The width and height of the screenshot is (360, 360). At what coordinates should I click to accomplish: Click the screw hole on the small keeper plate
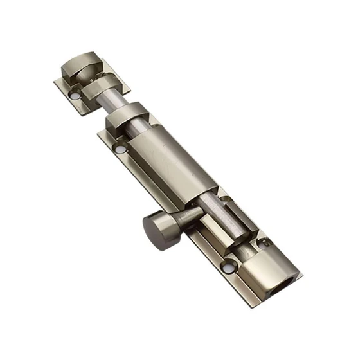pyautogui.click(x=76, y=95)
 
